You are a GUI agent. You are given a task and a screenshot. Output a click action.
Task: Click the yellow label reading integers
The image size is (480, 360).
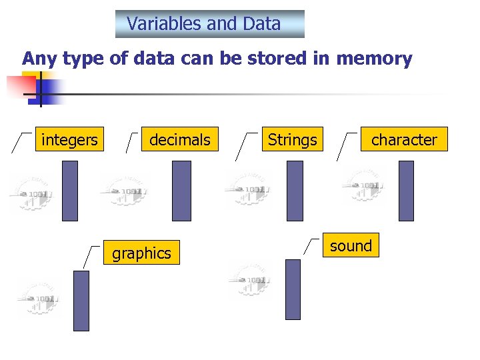click(x=69, y=140)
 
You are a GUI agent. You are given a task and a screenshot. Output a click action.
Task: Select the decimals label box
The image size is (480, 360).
click(x=179, y=140)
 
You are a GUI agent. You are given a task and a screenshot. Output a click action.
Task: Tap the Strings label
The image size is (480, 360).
click(x=292, y=140)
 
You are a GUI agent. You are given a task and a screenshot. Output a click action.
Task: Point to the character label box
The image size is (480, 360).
click(x=404, y=140)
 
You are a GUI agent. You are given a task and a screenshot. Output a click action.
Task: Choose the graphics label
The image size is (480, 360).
click(x=141, y=253)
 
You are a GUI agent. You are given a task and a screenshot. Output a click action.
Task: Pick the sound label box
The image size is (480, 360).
click(x=351, y=245)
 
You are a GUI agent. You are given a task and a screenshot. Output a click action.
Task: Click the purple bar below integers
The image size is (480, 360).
click(x=69, y=191)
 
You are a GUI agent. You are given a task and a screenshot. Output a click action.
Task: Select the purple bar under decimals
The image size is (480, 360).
click(x=181, y=191)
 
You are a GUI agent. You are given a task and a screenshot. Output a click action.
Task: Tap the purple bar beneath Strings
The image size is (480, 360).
click(x=295, y=191)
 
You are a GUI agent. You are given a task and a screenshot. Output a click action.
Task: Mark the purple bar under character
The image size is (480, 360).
click(x=406, y=191)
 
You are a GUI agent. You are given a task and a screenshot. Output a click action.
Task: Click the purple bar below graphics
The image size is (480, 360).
click(x=81, y=301)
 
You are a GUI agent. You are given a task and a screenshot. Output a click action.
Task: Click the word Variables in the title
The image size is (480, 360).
click(x=164, y=24)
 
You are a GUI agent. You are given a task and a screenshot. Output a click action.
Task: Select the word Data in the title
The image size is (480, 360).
click(x=262, y=24)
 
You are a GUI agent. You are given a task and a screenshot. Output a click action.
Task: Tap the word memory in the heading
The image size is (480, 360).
click(x=374, y=59)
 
